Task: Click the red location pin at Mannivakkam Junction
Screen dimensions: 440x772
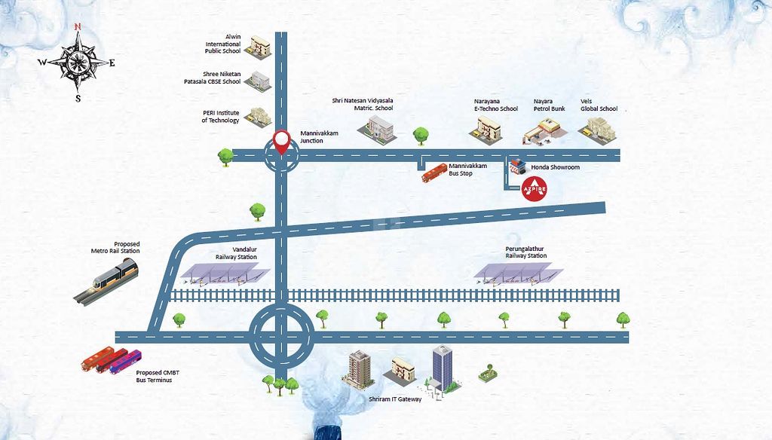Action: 282,142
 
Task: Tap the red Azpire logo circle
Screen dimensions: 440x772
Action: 535,188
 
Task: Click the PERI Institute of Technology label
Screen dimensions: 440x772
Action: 220,117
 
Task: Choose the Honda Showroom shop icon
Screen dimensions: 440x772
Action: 516,167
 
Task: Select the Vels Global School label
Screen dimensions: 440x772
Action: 599,105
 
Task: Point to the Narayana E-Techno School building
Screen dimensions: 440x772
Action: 485,131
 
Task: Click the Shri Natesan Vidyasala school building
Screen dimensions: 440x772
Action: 375,129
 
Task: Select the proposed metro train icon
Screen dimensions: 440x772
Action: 106,280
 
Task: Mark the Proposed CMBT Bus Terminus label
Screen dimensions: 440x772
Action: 154,376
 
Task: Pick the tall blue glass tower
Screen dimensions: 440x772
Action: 441,366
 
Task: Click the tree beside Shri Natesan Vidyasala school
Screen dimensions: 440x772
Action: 421,135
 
